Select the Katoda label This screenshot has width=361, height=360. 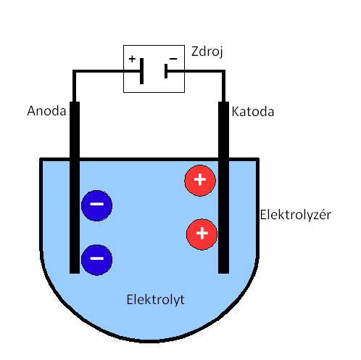pos(253,112)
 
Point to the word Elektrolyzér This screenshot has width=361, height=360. pos(295,215)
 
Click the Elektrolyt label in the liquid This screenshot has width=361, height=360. pos(155,298)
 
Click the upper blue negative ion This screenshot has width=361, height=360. pos(96,205)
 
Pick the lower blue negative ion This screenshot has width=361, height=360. pos(96,258)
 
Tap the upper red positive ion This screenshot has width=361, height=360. pos(201,180)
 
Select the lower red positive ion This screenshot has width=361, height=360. pos(202,233)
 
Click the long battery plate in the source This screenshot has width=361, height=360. pos(142,71)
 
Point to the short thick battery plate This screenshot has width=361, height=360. pos(166,71)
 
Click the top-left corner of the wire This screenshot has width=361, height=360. pos(74,72)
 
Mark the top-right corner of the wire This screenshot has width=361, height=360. pos(223,72)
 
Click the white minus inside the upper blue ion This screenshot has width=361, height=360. pos(96,205)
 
